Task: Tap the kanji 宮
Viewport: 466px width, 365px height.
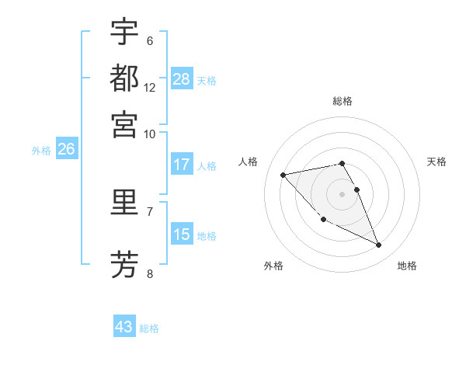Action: tap(124, 124)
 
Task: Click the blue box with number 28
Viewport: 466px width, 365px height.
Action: tap(182, 79)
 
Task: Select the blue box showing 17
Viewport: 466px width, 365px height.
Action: tap(182, 165)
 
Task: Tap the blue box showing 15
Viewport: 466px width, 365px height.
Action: tap(182, 235)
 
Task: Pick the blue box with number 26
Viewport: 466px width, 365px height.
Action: tap(66, 150)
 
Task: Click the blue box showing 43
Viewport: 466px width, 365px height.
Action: tap(124, 327)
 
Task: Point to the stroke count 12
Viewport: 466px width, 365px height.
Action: tap(150, 88)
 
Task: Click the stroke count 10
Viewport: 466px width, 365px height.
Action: tap(150, 134)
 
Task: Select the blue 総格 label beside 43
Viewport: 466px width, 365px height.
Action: tap(149, 328)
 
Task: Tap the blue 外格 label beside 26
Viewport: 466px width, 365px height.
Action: tap(41, 151)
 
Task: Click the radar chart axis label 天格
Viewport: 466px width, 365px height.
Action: tap(436, 162)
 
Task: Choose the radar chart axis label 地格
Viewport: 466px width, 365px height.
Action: tap(407, 266)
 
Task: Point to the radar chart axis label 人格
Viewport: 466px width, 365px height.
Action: tap(248, 162)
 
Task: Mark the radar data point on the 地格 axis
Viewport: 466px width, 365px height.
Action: tap(379, 245)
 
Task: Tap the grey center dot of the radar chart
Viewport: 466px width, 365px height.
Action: tap(342, 193)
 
